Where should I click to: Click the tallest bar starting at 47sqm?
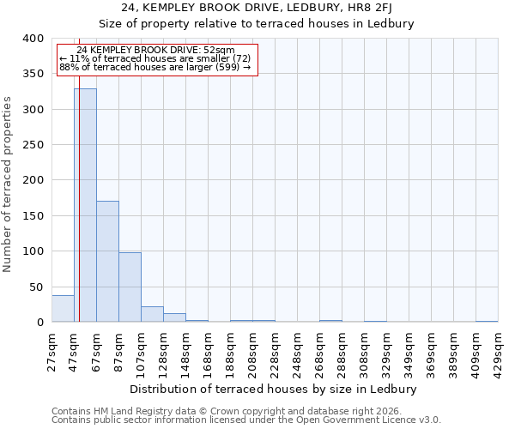(85, 206)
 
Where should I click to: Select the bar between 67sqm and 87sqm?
(107, 262)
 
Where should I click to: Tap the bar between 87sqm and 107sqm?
(130, 287)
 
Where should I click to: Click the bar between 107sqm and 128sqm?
(152, 314)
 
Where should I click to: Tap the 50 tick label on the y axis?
(35, 287)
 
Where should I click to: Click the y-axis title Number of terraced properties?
(8, 184)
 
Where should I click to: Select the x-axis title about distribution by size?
(275, 389)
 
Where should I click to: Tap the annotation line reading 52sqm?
(155, 51)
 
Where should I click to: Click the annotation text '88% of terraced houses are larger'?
(155, 67)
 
